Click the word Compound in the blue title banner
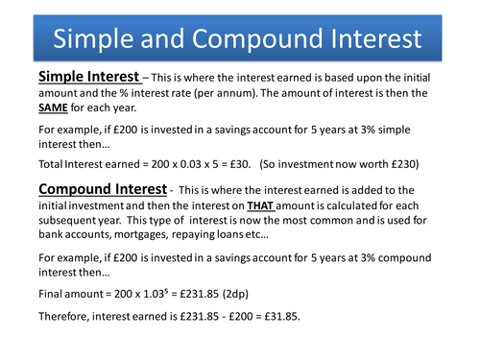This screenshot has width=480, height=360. [x=257, y=39]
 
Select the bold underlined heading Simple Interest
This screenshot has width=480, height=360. [x=89, y=77]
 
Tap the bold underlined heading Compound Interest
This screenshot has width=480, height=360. [x=103, y=189]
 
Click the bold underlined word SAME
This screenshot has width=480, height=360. [x=53, y=108]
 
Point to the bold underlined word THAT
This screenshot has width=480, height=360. [x=260, y=205]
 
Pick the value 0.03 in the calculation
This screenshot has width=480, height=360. [x=190, y=164]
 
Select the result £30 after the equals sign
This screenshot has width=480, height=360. [x=239, y=164]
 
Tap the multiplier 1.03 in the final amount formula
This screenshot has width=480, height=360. [x=154, y=294]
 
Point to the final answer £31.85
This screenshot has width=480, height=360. [x=281, y=317]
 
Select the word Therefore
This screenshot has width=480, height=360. [x=63, y=317]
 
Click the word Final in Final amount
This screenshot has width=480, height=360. [x=50, y=294]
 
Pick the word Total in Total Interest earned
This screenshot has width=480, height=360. [x=50, y=164]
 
